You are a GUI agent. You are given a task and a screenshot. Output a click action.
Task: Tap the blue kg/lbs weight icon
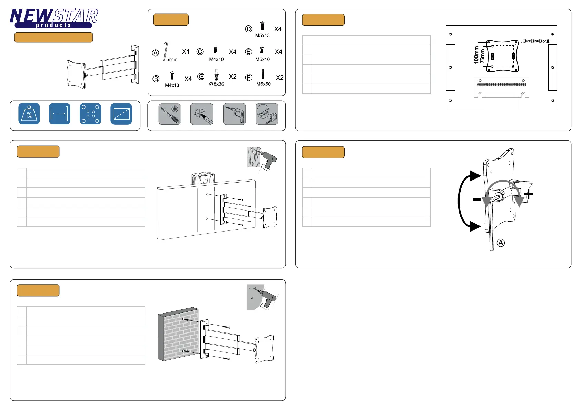pyautogui.click(x=29, y=114)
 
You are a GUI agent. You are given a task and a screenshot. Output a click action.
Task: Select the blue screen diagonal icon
pyautogui.click(x=121, y=114)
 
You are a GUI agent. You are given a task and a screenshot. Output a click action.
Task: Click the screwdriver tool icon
pyautogui.click(x=170, y=114)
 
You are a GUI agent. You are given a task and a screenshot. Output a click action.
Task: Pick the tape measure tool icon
pyautogui.click(x=267, y=114)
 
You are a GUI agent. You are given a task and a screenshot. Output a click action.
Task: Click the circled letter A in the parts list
pyautogui.click(x=156, y=53)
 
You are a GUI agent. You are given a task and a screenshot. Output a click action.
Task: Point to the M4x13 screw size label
pyautogui.click(x=172, y=85)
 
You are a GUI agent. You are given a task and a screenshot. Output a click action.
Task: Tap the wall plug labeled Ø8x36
pyautogui.click(x=216, y=75)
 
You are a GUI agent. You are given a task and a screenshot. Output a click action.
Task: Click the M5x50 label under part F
pyautogui.click(x=263, y=84)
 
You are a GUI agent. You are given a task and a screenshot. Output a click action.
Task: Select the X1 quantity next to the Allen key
pyautogui.click(x=186, y=52)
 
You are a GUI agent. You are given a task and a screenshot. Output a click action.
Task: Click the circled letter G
pyautogui.click(x=201, y=76)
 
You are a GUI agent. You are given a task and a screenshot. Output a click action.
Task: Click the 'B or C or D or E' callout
pyautogui.click(x=536, y=41)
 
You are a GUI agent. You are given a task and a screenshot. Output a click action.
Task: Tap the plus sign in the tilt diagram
pyautogui.click(x=528, y=194)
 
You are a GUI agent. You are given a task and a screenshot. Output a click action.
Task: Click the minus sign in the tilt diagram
pyautogui.click(x=476, y=199)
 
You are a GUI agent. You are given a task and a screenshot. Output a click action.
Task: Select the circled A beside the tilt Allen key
pyautogui.click(x=501, y=243)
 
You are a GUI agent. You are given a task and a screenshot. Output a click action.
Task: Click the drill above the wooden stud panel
pyautogui.click(x=268, y=160)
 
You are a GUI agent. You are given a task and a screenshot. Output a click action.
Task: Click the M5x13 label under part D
pyautogui.click(x=262, y=35)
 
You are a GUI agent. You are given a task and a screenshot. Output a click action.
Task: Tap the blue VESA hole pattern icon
pyautogui.click(x=90, y=114)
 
